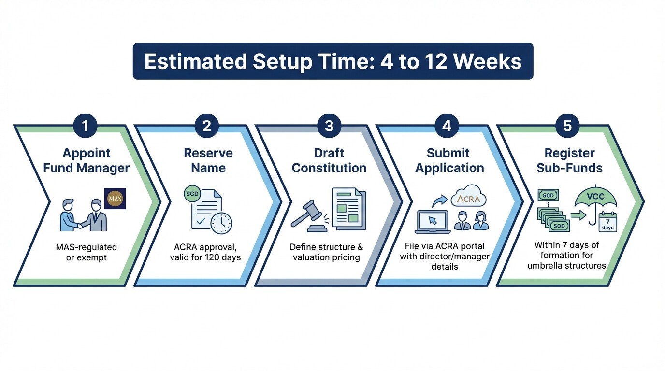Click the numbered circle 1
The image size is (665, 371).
(x=86, y=126)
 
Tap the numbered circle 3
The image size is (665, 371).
(x=329, y=126)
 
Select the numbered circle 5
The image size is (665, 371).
(x=567, y=126)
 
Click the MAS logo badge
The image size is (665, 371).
(x=115, y=199)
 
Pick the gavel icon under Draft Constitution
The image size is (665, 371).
(x=308, y=215)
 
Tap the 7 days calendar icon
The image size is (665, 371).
(x=607, y=222)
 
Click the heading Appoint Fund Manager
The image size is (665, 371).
(x=86, y=160)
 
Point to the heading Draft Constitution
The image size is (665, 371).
(x=329, y=160)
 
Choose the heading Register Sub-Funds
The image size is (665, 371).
(x=569, y=160)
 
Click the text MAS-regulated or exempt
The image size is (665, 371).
(x=86, y=252)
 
